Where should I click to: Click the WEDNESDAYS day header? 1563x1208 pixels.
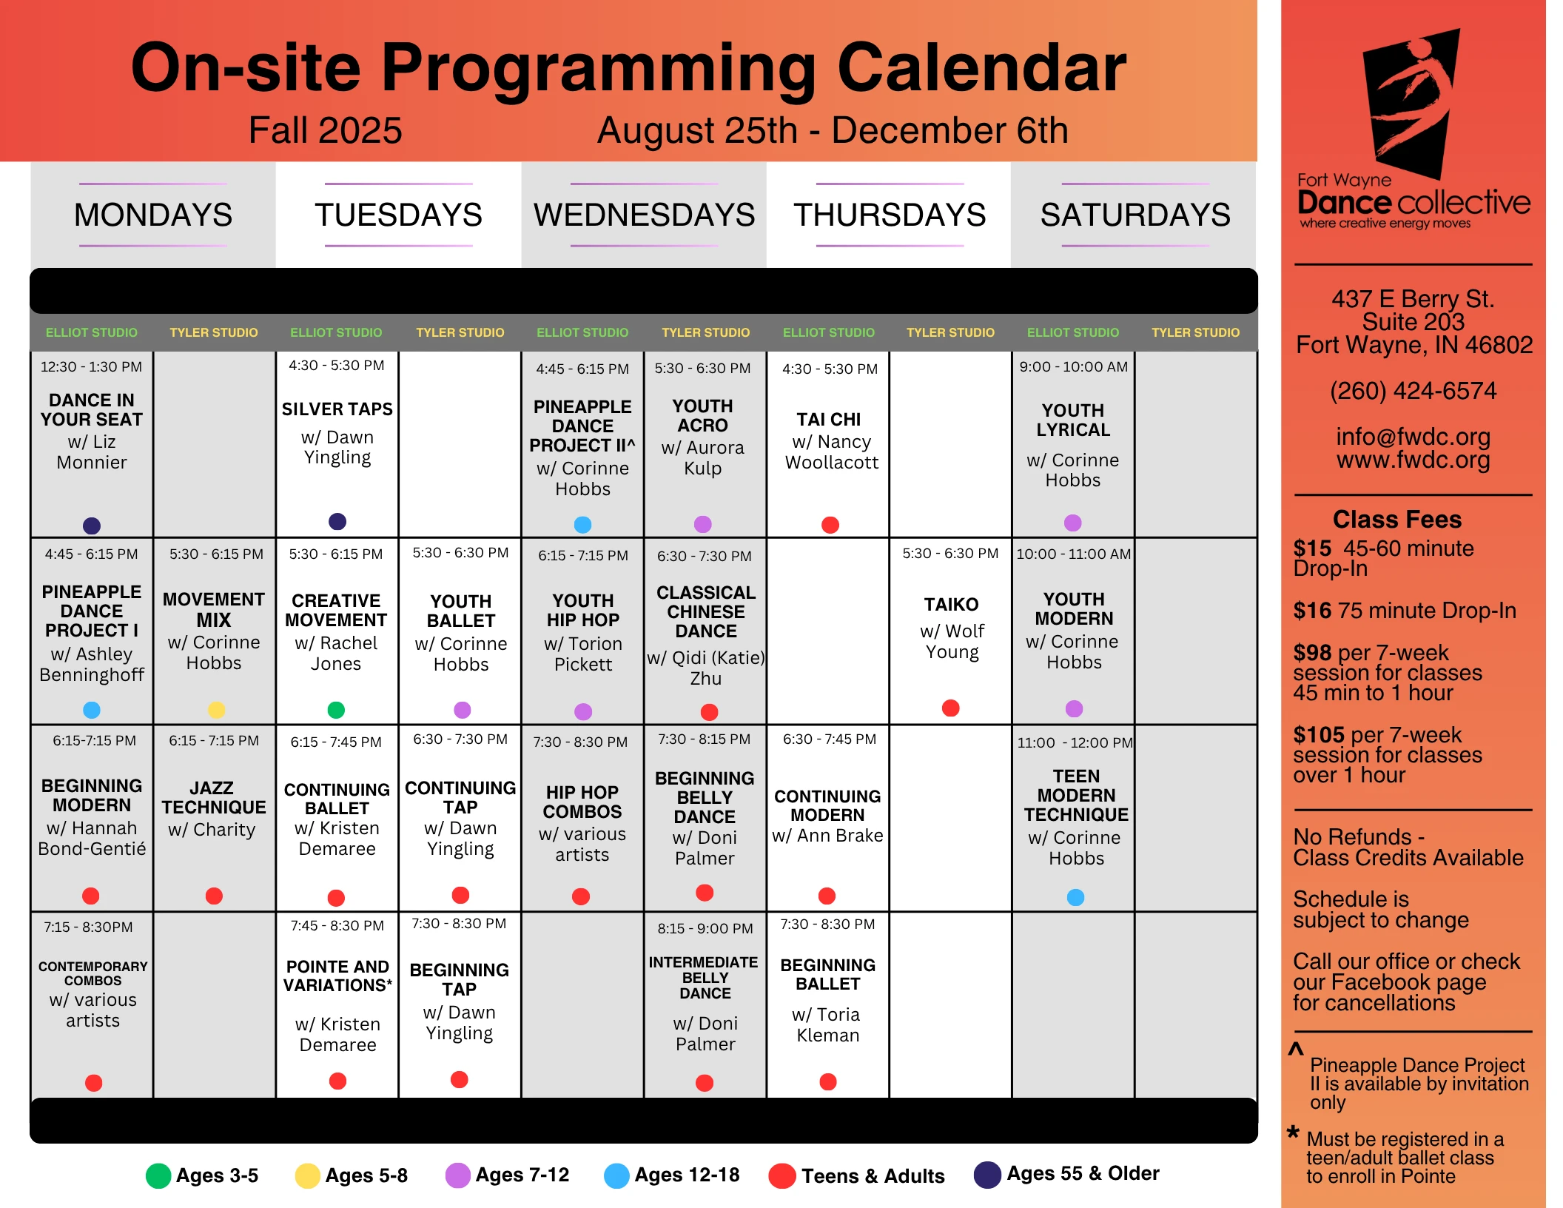pos(644,215)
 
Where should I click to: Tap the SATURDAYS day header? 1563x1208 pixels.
pos(1135,215)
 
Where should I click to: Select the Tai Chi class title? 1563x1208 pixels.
pos(829,420)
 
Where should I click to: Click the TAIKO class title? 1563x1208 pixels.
pos(951,605)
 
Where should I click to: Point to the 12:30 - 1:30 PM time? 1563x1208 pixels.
pos(91,367)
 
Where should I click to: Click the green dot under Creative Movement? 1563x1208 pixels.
pos(336,710)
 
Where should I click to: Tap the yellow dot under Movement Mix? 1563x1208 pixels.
pos(216,709)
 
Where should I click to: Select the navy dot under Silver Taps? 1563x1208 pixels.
pos(337,521)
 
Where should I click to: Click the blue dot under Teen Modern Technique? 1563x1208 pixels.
pos(1075,897)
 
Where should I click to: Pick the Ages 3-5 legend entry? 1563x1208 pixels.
pos(202,1175)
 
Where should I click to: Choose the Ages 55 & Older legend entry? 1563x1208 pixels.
pos(1066,1174)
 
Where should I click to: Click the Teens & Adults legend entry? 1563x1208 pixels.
pos(856,1175)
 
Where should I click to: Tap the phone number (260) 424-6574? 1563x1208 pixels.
pos(1413,391)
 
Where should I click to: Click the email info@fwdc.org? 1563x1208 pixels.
pos(1413,437)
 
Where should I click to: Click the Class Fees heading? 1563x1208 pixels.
pos(1396,520)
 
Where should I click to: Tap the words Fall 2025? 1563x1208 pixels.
pos(325,130)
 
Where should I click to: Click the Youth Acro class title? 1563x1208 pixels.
pos(702,416)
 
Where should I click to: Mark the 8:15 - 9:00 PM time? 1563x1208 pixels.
pos(705,929)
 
